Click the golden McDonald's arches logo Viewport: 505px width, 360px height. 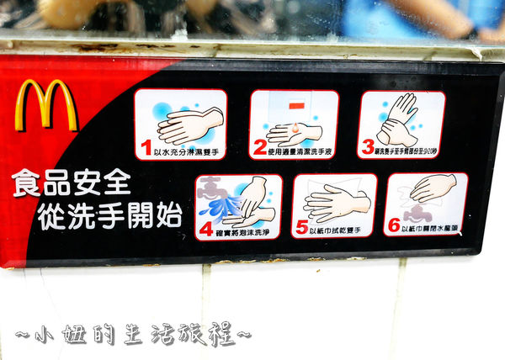tap(46, 105)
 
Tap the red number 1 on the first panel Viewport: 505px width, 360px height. tap(146, 149)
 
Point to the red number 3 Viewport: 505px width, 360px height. tap(368, 148)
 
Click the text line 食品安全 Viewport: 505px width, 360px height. tap(72, 183)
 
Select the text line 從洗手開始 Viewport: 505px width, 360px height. tap(109, 216)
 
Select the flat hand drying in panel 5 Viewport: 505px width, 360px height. tap(336, 203)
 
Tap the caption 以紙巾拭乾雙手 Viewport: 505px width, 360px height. tap(341, 230)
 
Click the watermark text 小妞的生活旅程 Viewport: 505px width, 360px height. tap(134, 334)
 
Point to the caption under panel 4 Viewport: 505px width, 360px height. tap(245, 230)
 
